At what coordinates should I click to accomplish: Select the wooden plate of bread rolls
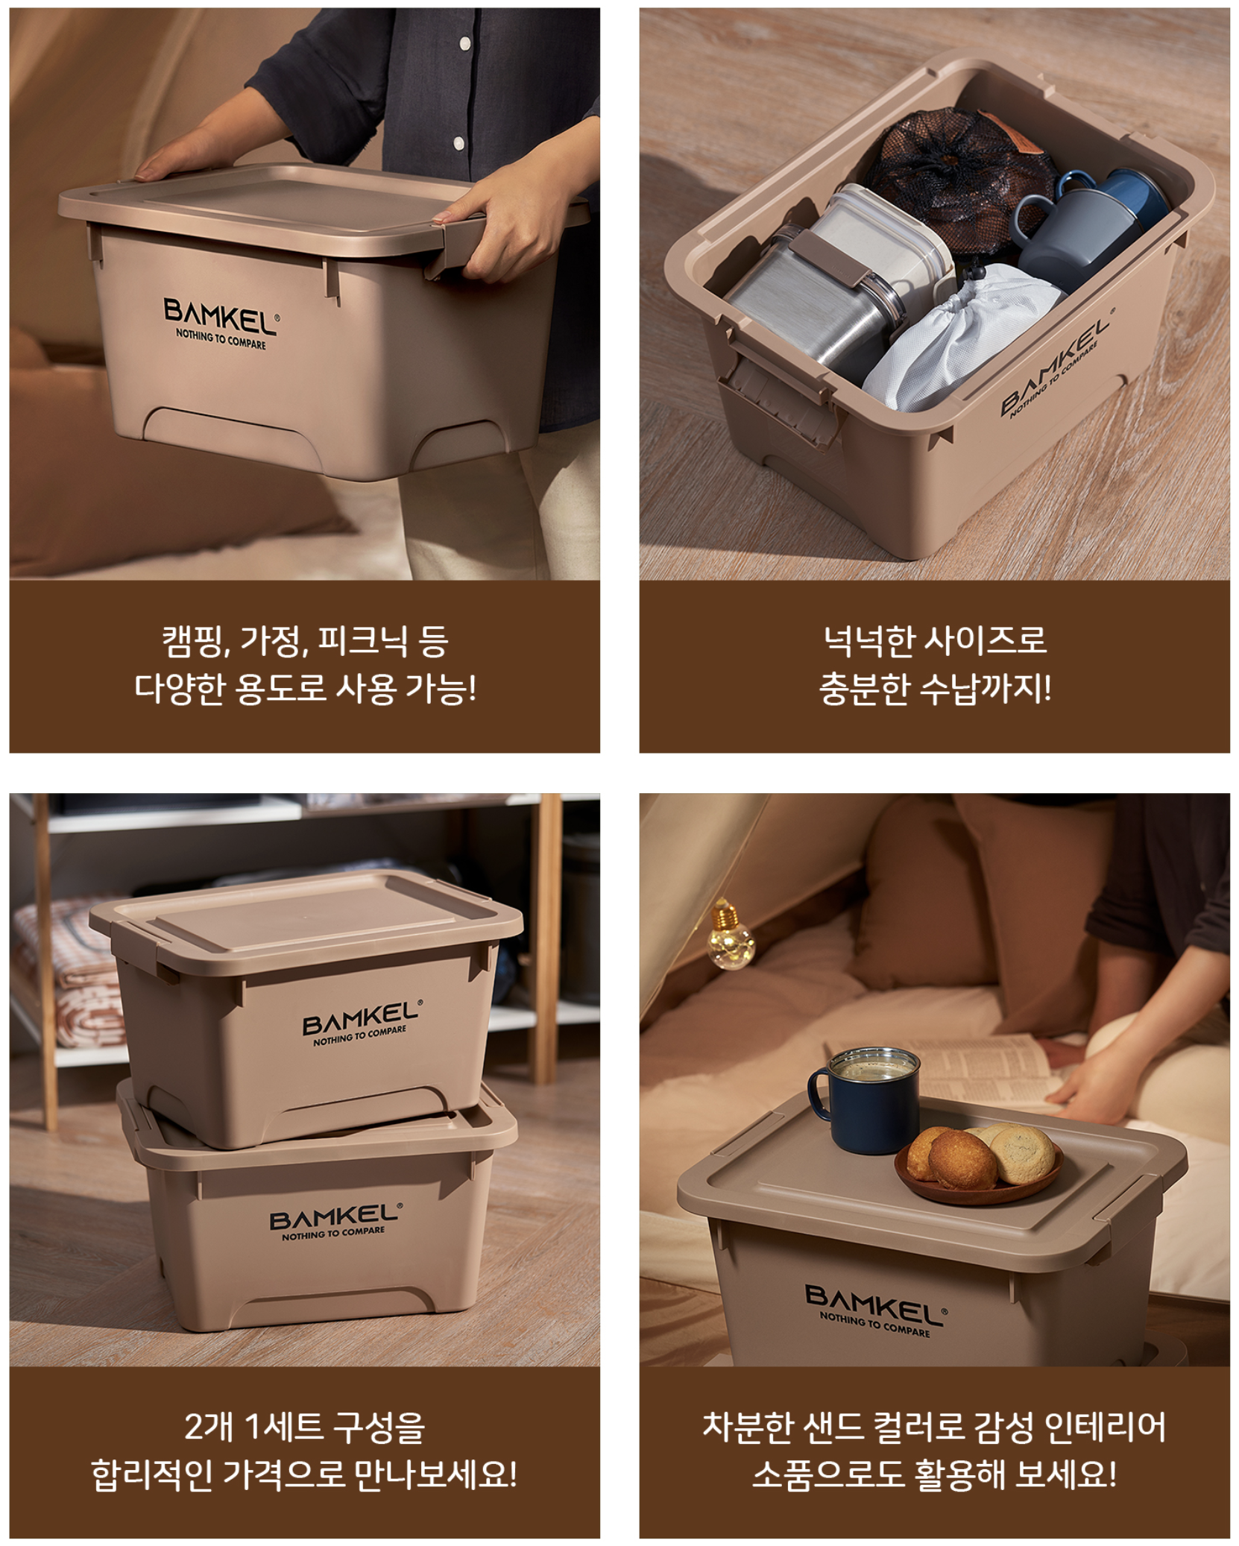point(978,1164)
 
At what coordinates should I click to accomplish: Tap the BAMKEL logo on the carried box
point(221,323)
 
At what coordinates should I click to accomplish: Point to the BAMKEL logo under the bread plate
point(876,1310)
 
